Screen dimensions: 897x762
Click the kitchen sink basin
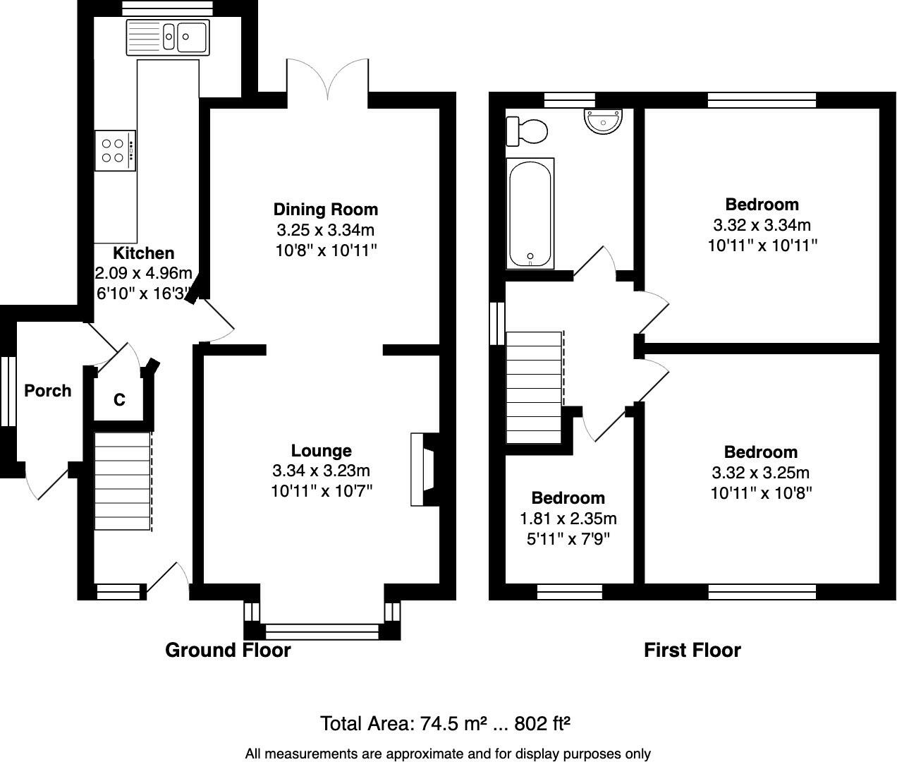[168, 37]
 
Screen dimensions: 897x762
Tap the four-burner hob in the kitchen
[116, 150]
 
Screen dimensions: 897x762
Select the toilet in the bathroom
[527, 131]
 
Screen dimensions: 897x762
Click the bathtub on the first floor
[530, 214]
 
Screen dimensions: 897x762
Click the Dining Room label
[326, 210]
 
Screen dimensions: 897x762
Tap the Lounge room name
[321, 450]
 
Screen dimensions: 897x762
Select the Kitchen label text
[144, 253]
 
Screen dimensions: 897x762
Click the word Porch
[48, 390]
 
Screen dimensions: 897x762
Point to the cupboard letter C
[119, 399]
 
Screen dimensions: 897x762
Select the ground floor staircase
[123, 481]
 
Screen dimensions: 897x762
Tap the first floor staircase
[535, 388]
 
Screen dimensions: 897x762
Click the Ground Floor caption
[228, 650]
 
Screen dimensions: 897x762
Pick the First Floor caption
[692, 650]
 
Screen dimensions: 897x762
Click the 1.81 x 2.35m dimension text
[568, 518]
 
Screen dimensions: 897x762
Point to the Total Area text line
[445, 723]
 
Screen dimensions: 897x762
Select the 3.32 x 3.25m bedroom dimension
[760, 473]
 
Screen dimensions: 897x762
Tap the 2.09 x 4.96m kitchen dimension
[144, 273]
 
